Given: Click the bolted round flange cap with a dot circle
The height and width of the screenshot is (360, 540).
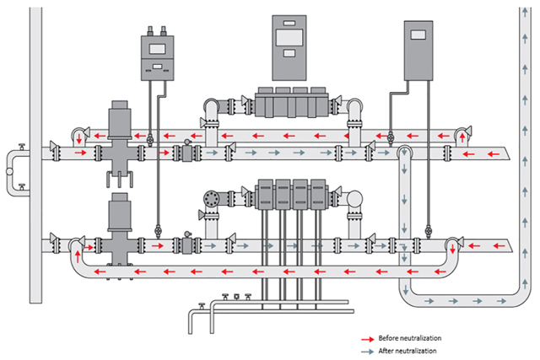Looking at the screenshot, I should (211, 199).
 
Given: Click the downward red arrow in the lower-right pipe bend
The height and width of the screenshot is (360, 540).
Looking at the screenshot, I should (452, 245).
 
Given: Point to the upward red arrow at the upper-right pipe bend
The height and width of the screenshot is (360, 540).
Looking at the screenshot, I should (462, 135).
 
